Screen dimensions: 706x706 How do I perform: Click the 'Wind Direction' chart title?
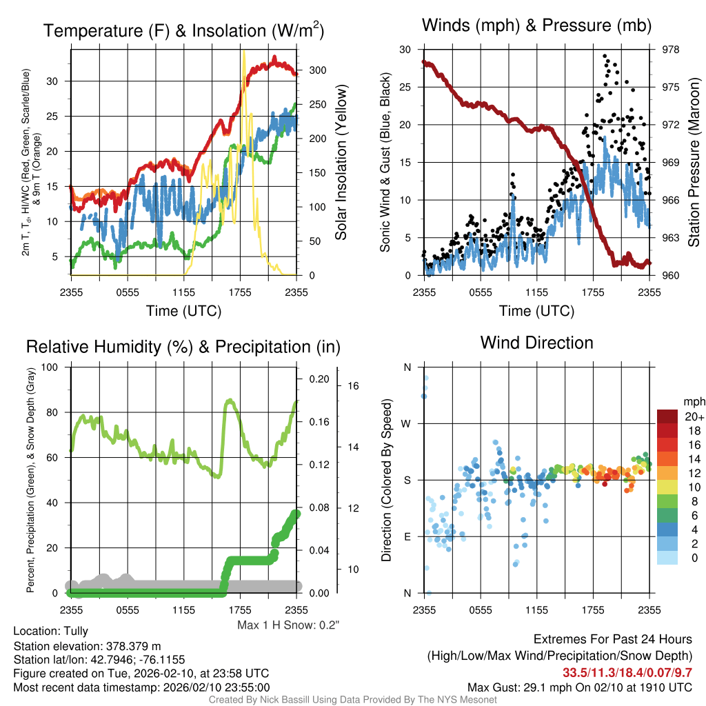pos(536,343)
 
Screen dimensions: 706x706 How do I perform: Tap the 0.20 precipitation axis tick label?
pos(319,379)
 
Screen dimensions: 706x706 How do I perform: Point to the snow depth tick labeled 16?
pos(354,386)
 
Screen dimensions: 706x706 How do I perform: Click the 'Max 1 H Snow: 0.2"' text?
pos(288,625)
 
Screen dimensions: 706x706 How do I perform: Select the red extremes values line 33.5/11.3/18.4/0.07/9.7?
pos(627,672)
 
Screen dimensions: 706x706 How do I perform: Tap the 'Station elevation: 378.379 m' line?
pos(87,646)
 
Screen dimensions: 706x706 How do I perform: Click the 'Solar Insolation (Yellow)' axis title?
pos(341,162)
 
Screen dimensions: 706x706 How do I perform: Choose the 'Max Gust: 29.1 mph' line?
pos(579,687)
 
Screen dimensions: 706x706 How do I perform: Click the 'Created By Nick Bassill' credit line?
pos(352,700)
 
